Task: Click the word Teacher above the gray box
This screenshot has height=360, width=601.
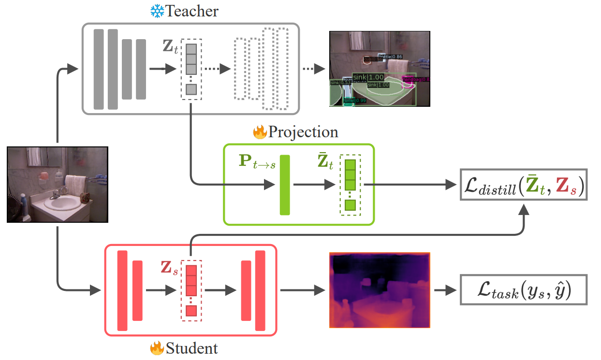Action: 192,11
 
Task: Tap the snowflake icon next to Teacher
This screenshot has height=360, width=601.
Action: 157,11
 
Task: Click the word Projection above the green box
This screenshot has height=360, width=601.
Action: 303,132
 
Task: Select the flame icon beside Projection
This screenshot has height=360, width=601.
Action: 260,132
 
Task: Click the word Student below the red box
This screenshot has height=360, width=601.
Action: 191,348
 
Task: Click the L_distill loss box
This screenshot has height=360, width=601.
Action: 523,185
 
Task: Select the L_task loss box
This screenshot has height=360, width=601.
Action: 523,290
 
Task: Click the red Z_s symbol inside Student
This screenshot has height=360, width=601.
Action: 169,269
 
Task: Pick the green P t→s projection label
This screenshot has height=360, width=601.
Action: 257,162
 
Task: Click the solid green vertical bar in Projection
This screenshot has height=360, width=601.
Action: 284,185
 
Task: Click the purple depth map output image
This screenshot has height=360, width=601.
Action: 379,290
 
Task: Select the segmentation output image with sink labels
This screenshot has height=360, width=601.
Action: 379,69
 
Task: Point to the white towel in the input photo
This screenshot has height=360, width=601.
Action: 74,184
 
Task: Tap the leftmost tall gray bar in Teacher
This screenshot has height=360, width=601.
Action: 99,69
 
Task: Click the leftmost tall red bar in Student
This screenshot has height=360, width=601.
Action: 122,290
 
